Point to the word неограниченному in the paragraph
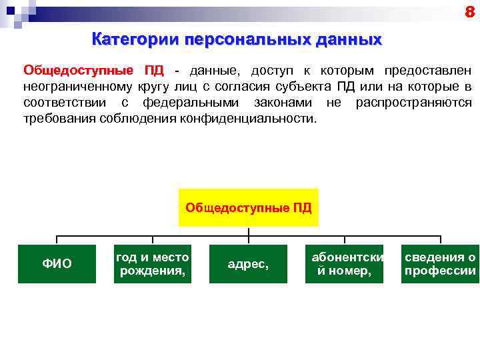(x=78, y=87)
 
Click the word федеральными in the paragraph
(x=193, y=103)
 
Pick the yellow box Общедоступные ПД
(x=248, y=207)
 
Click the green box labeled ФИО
(x=57, y=264)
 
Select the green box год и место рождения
(x=153, y=264)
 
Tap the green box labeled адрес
(x=248, y=264)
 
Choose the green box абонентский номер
(x=344, y=264)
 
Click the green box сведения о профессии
(x=440, y=264)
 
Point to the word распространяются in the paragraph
(x=413, y=103)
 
